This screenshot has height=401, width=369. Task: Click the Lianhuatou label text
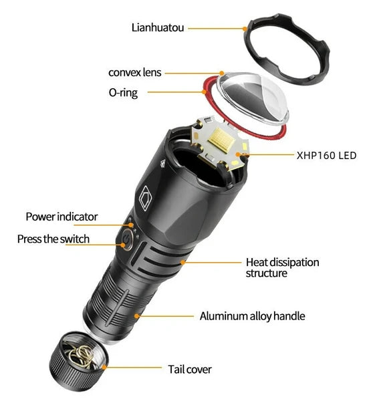click(158, 27)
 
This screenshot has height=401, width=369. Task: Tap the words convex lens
click(135, 72)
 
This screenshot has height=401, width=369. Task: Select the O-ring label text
click(123, 93)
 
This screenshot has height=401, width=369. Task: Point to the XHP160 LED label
click(326, 156)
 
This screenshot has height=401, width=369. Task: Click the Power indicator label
click(61, 217)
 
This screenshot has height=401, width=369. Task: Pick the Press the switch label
click(53, 239)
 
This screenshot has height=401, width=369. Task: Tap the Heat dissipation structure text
click(282, 267)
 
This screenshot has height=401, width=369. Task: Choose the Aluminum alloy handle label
click(253, 316)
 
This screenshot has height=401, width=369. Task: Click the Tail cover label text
click(190, 370)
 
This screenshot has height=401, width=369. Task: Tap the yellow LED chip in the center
click(221, 140)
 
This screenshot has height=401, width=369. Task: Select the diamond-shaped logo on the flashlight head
click(145, 198)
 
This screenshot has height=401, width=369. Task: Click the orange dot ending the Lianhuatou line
click(245, 29)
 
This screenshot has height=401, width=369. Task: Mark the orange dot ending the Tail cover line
click(104, 368)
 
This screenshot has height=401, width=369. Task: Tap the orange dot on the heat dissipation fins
click(182, 262)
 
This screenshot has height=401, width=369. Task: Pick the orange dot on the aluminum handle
click(137, 316)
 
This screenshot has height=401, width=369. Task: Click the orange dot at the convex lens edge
click(222, 73)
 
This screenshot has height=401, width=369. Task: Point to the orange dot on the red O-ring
click(204, 92)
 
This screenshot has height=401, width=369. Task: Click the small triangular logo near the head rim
click(162, 163)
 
